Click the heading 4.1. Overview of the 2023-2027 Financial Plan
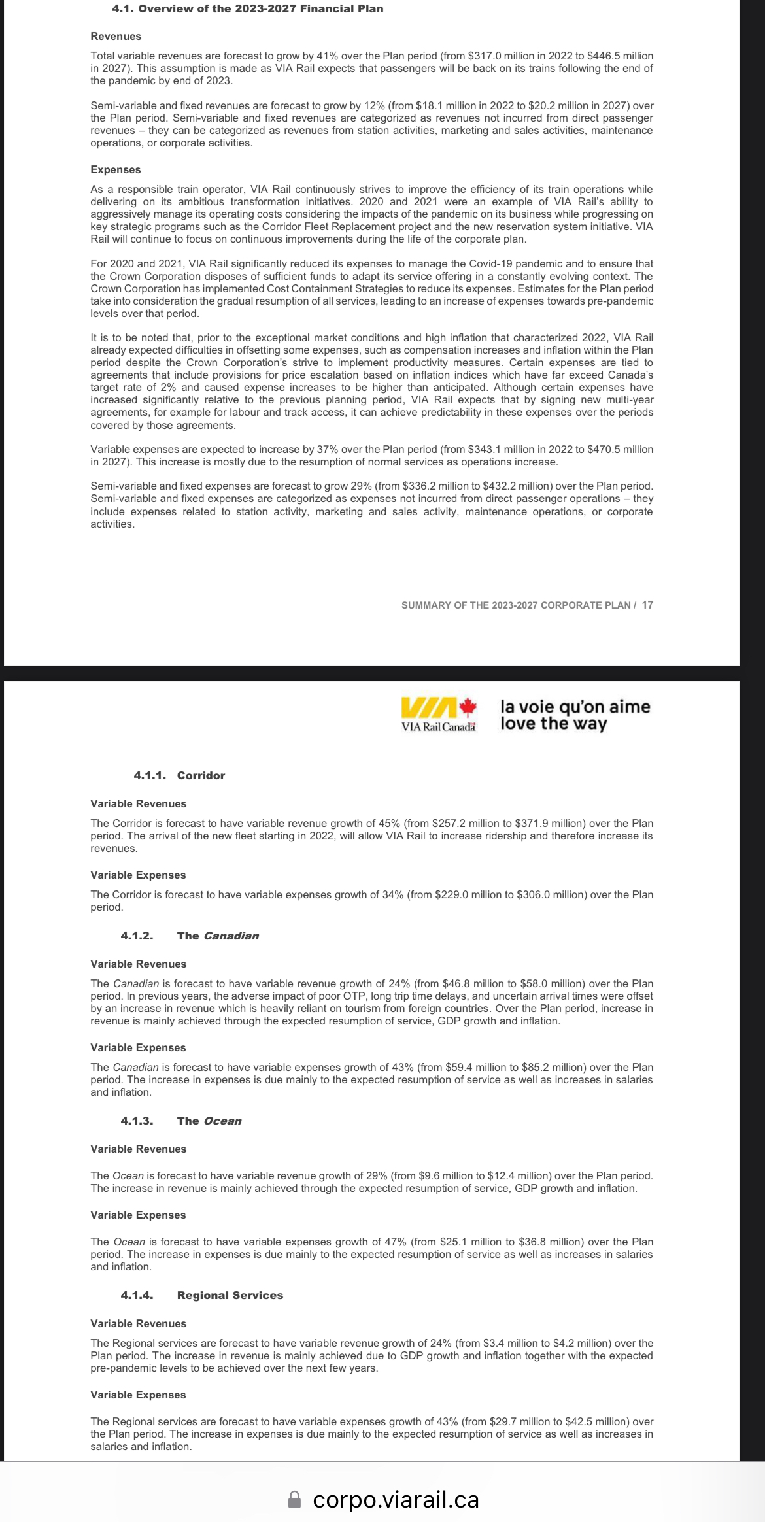tap(248, 9)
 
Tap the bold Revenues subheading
tap(116, 37)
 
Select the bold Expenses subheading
tap(116, 170)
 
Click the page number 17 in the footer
tap(647, 605)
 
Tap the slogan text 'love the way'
tap(554, 724)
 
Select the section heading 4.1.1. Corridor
tap(179, 776)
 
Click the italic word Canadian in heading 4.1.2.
tap(231, 936)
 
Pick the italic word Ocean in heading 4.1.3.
tap(222, 1121)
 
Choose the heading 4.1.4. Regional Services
tap(202, 1296)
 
